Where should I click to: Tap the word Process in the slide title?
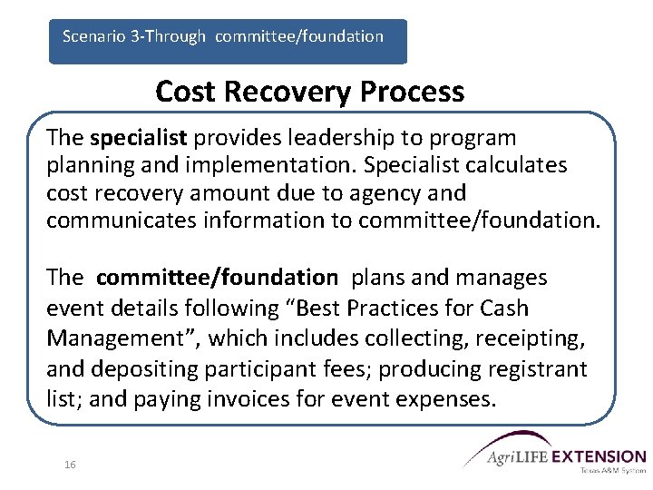coord(414,92)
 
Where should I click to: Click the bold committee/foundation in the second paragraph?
coord(216,277)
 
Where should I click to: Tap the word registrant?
coord(536,369)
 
